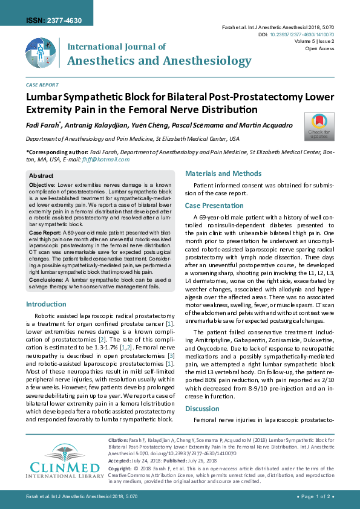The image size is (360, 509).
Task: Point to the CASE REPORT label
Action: (42, 85)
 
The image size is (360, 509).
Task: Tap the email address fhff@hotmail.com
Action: (110, 160)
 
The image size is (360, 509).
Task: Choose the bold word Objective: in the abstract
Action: (42, 184)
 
